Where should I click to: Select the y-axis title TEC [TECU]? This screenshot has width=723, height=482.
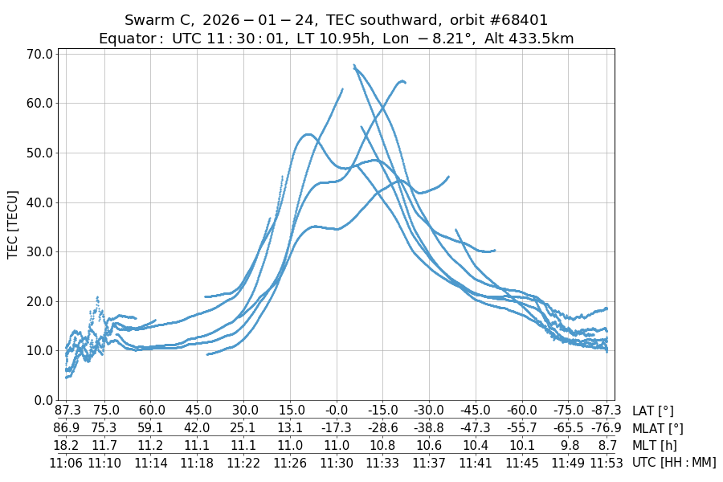click(x=13, y=224)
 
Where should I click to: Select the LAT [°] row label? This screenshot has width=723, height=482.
click(x=653, y=411)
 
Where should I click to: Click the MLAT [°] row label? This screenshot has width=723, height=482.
click(x=658, y=428)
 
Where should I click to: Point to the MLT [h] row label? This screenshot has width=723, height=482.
click(x=654, y=445)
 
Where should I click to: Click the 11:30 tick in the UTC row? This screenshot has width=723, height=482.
click(x=337, y=463)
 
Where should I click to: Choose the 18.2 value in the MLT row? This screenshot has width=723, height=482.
click(x=66, y=445)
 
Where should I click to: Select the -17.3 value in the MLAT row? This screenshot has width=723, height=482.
click(x=337, y=428)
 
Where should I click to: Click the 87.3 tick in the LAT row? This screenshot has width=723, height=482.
click(x=66, y=411)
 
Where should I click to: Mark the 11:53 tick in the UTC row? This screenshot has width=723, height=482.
click(x=606, y=463)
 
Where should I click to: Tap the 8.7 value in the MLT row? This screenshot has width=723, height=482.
click(x=606, y=445)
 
